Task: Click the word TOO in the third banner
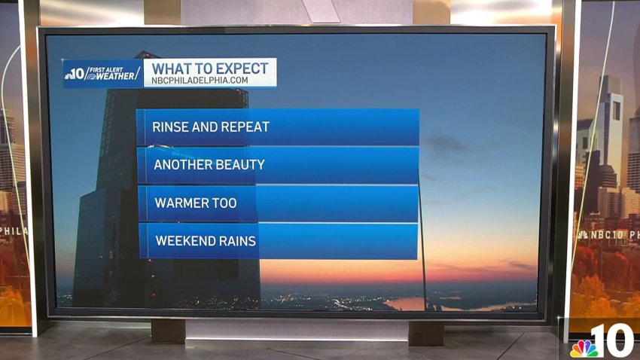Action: [x=224, y=203]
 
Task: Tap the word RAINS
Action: [x=235, y=241]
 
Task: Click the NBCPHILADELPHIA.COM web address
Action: [x=200, y=81]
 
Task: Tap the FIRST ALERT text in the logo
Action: [x=106, y=70]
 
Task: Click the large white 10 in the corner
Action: [x=613, y=341]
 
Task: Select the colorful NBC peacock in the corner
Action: [x=584, y=348]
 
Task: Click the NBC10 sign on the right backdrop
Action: [x=608, y=235]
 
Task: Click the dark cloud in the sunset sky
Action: [x=447, y=144]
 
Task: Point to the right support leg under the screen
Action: [x=426, y=333]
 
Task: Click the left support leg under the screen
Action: [x=168, y=331]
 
